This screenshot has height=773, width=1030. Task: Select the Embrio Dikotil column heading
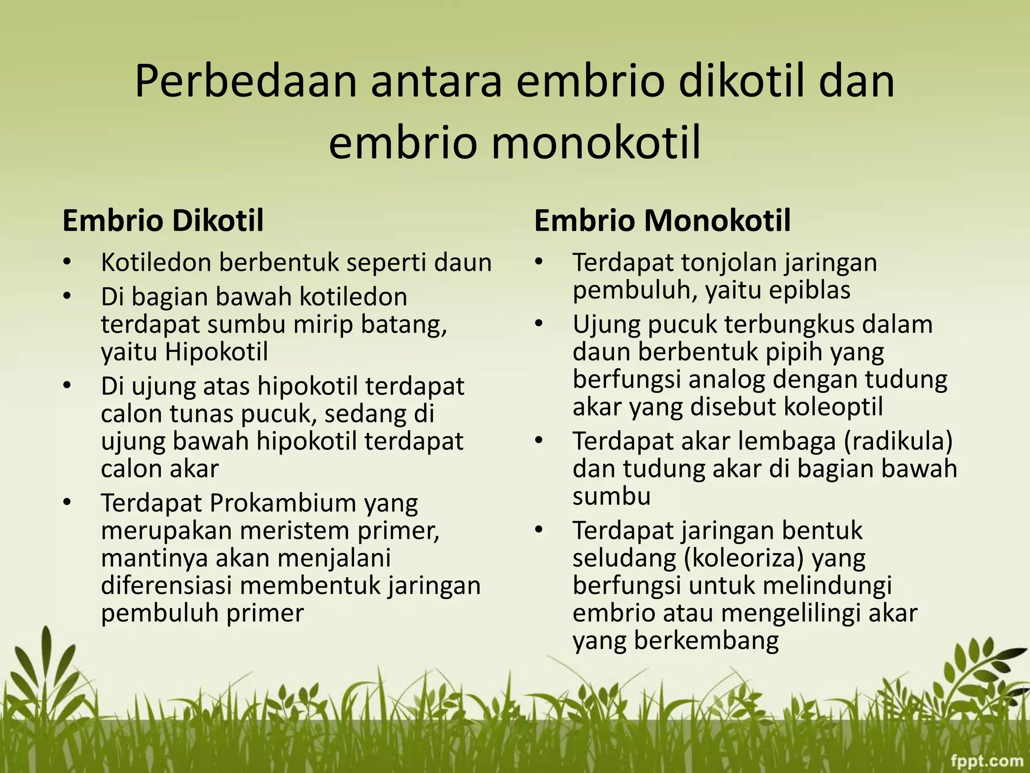(x=163, y=221)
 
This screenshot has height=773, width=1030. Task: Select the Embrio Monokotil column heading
(x=662, y=221)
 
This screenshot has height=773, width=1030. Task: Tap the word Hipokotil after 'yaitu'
(x=216, y=351)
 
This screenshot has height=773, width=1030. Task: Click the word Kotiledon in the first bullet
(x=155, y=262)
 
